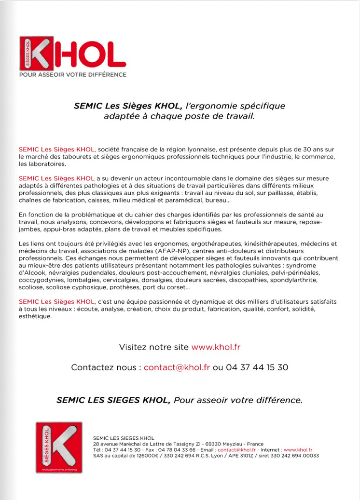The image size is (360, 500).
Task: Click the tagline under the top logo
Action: coord(72,75)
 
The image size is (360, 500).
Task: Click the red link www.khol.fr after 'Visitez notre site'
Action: coord(216,347)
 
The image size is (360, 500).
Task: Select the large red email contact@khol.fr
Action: coord(177,367)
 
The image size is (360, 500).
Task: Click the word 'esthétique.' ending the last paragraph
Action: coord(34,317)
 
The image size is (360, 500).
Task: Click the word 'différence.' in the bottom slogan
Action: coord(278,400)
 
